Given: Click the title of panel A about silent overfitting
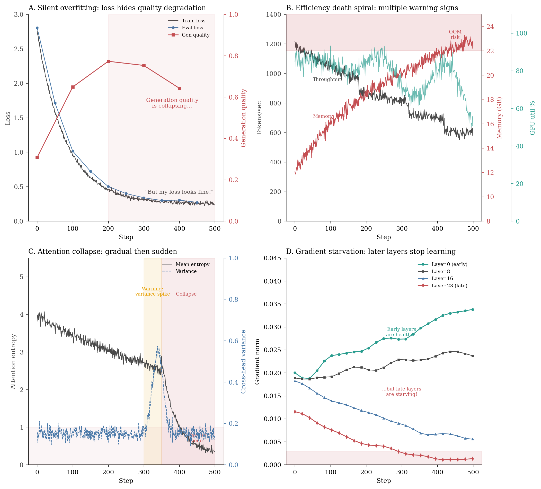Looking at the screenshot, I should click(117, 8).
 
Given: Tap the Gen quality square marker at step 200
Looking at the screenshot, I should click(108, 61).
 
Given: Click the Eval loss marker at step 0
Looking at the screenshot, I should click(37, 28).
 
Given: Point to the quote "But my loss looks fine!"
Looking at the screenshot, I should click(179, 192).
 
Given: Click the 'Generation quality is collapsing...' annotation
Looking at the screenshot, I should click(172, 103).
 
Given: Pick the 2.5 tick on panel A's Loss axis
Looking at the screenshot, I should click(19, 49).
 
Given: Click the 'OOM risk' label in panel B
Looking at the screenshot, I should click(455, 35).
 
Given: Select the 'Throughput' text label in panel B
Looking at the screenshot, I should click(327, 79).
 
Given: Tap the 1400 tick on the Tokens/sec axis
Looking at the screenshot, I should click(274, 14).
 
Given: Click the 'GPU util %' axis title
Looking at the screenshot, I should click(533, 118).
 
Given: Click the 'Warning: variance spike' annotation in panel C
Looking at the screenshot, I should click(153, 291).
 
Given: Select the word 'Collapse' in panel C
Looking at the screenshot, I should click(186, 294).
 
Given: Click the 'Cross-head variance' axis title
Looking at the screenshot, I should click(243, 361).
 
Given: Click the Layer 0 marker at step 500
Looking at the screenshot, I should click(473, 309).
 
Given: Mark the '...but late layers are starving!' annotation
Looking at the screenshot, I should click(402, 391).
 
